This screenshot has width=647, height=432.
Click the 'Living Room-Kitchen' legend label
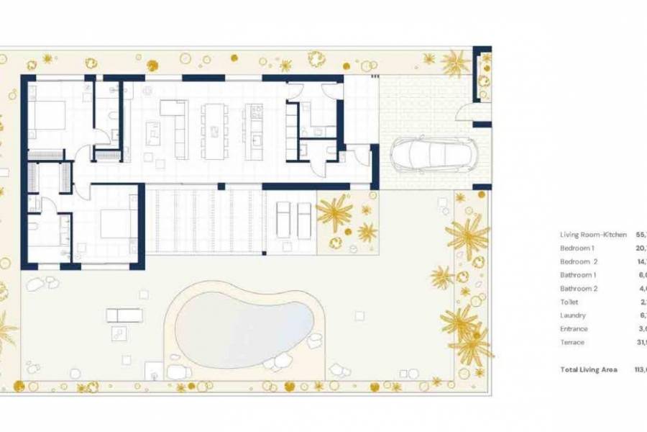tap(593, 235)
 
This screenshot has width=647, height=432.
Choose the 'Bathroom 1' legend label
tap(578, 275)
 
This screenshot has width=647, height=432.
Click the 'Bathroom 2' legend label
tap(578, 289)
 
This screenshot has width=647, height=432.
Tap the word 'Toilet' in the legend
tap(569, 302)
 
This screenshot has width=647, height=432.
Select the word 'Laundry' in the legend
tap(573, 315)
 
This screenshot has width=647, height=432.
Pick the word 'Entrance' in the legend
tap(574, 329)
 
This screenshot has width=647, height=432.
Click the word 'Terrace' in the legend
tap(572, 342)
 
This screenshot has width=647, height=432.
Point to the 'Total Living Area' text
tap(589, 369)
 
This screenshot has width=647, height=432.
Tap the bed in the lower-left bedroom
tap(114, 223)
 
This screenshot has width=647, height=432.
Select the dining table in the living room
tap(214, 131)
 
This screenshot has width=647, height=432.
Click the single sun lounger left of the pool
tap(124, 315)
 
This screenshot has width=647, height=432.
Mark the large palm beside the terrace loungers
tap(334, 212)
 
